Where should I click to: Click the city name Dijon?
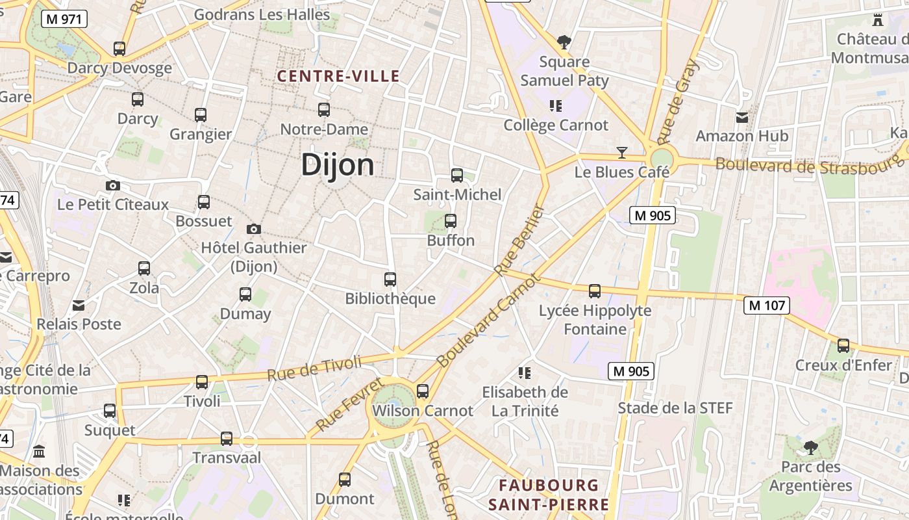337,165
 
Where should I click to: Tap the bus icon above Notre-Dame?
323,110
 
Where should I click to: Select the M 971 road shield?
64,19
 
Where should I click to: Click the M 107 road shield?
766,305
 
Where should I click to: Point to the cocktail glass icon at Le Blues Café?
622,153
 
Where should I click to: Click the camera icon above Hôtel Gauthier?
254,229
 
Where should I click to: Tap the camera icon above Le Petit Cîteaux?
112,186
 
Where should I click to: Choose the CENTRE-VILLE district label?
338,76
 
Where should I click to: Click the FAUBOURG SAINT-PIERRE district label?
549,495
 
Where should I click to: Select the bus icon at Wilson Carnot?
423,391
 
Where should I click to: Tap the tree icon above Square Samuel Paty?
564,43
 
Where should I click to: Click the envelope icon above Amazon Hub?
741,118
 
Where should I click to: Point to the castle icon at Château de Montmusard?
878,20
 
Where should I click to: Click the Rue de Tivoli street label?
314,369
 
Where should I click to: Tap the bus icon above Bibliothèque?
390,279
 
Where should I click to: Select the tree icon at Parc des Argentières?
810,447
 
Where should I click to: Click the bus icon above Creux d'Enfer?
843,346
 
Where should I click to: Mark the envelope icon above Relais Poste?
79,305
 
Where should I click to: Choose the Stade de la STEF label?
675,408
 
